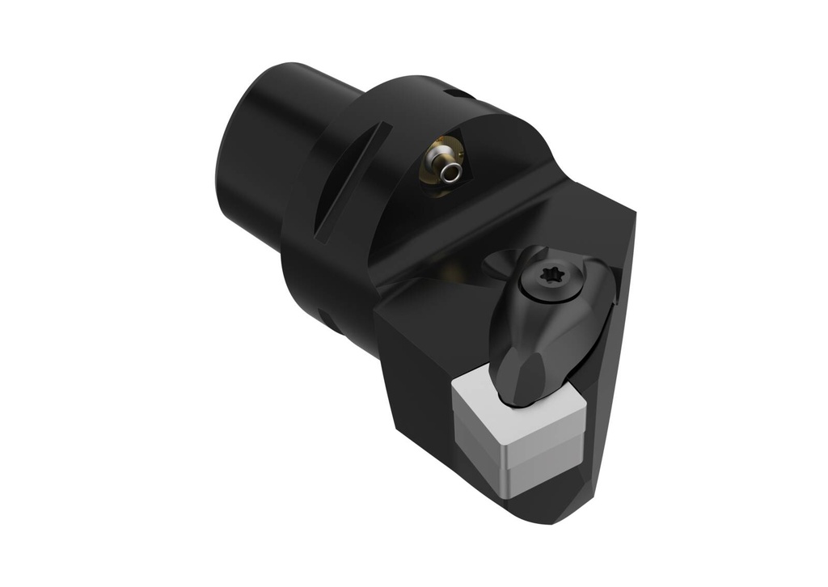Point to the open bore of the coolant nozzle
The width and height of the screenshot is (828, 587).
pyautogui.click(x=454, y=171)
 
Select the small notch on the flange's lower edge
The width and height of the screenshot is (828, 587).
pyautogui.click(x=325, y=315)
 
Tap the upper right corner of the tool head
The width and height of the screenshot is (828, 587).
pyautogui.click(x=632, y=214)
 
